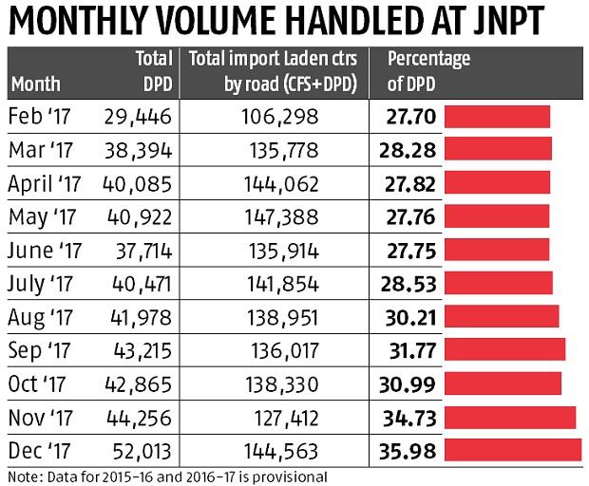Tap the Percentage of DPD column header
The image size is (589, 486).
click(x=428, y=71)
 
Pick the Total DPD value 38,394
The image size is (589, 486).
click(x=139, y=150)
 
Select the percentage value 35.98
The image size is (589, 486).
click(x=414, y=449)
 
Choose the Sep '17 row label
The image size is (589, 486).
click(x=37, y=349)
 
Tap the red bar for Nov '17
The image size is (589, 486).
click(x=511, y=416)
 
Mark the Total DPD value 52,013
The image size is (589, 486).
click(x=139, y=449)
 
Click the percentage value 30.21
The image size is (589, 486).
click(x=414, y=316)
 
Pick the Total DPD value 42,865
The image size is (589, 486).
click(x=139, y=383)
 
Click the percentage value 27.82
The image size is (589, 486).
click(x=414, y=183)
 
